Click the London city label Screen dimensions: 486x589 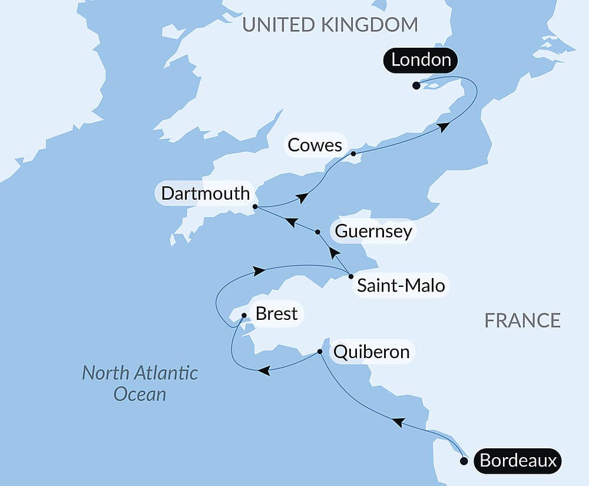(x=421, y=60)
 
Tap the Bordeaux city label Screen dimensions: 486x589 (x=518, y=461)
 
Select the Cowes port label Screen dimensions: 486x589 (x=315, y=145)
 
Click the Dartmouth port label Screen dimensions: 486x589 (x=206, y=194)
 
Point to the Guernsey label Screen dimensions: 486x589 (x=373, y=232)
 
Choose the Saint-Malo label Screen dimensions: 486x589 (x=401, y=287)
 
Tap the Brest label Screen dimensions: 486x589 (x=276, y=314)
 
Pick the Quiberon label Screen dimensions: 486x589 (x=371, y=352)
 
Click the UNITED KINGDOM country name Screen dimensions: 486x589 (x=330, y=25)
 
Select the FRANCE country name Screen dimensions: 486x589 (x=522, y=320)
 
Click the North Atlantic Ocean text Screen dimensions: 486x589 (x=140, y=383)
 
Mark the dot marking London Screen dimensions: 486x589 (x=416, y=85)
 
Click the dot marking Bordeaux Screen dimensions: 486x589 (x=464, y=461)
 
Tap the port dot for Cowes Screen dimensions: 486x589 (x=353, y=154)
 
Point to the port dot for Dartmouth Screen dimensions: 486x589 (x=255, y=207)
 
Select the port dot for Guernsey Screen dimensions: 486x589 (x=317, y=232)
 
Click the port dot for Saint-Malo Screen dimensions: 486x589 (x=351, y=276)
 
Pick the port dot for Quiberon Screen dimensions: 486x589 (x=320, y=352)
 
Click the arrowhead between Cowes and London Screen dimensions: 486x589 (x=443, y=126)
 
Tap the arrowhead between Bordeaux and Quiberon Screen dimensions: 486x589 (x=398, y=422)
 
